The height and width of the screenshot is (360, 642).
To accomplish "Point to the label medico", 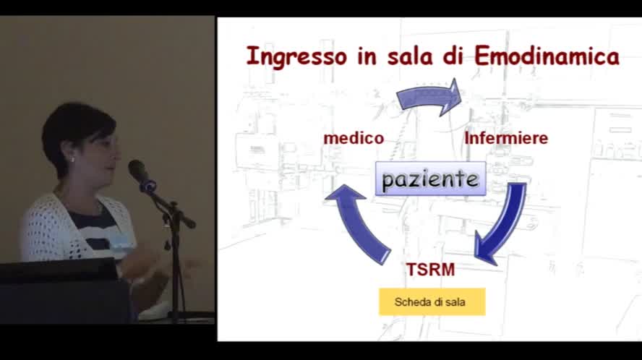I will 354,138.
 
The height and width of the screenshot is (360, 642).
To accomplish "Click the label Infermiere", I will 506,138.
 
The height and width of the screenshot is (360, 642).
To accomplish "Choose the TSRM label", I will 430,270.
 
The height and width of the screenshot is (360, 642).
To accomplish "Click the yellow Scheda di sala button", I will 432,302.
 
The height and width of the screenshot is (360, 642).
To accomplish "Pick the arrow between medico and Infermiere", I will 429,97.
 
